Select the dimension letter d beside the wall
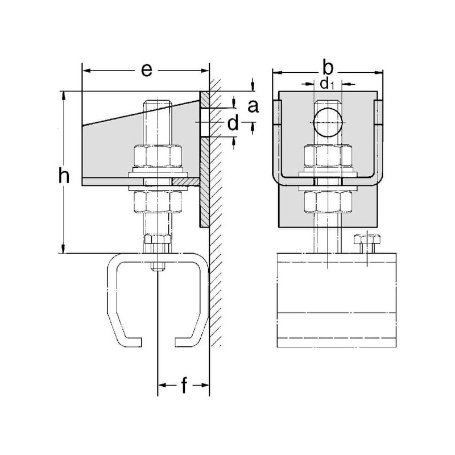tap(233, 125)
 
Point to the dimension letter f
tap(184, 386)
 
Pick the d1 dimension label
tap(326, 85)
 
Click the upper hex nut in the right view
tap(328, 156)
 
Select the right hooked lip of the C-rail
tap(186, 342)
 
